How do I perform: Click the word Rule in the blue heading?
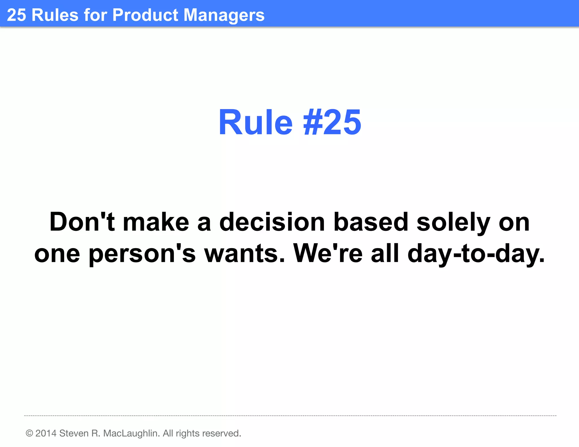[x=255, y=123]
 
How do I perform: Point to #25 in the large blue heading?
[x=332, y=123]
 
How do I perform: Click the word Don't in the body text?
[x=82, y=222]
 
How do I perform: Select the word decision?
[x=272, y=222]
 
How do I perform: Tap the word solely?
[x=453, y=222]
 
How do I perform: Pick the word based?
[x=371, y=222]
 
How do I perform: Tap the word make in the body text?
[x=156, y=222]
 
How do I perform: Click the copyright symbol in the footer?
[x=29, y=433]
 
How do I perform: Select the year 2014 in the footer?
[x=46, y=433]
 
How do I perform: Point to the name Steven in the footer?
[x=74, y=433]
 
